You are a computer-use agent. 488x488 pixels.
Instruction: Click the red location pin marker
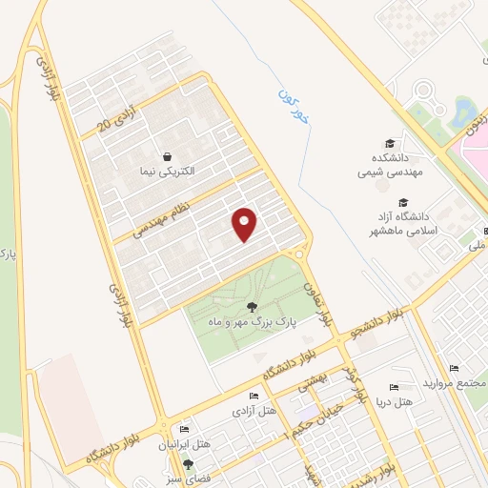click(245, 224)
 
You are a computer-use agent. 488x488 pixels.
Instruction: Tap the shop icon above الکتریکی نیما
click(168, 156)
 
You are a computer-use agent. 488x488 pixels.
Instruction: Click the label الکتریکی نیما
click(168, 172)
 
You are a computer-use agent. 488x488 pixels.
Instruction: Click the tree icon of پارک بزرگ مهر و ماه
click(252, 307)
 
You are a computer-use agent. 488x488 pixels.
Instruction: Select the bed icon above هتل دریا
click(393, 388)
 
